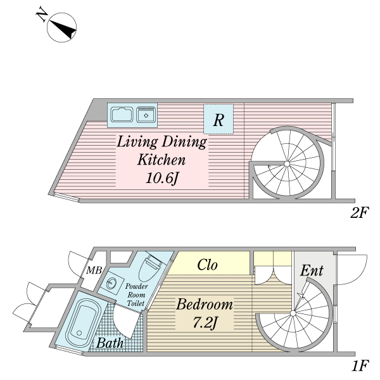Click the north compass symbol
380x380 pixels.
[61, 27]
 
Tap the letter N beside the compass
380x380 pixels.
[42, 15]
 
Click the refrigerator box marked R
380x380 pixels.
[218, 119]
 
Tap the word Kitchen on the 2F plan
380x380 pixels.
[161, 160]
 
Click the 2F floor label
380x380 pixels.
[359, 213]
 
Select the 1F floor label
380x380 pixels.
[360, 365]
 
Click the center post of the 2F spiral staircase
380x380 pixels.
[287, 164]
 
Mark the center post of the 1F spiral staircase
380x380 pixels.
[293, 313]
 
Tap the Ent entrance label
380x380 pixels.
[312, 270]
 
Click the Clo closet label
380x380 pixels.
[207, 265]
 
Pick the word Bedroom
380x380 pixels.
[205, 305]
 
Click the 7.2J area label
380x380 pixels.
[205, 322]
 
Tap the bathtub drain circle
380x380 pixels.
[79, 332]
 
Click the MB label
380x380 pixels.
[94, 270]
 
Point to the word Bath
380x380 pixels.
[110, 343]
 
